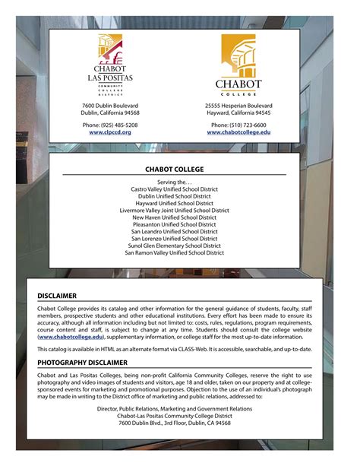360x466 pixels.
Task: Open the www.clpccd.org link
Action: pos(110,132)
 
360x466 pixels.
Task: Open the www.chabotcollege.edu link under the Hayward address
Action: pos(238,132)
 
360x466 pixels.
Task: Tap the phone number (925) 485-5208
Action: pos(110,125)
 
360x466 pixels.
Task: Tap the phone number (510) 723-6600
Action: pos(238,125)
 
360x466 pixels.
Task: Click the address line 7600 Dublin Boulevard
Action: pos(110,105)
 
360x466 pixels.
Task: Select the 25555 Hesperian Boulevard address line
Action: pos(238,105)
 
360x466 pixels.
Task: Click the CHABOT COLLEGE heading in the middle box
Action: pos(174,170)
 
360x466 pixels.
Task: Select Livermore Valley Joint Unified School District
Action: pos(174,211)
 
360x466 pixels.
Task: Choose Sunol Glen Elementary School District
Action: pos(174,246)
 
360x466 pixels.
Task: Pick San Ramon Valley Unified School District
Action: pos(174,252)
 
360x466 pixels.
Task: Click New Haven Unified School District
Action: pos(174,217)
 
